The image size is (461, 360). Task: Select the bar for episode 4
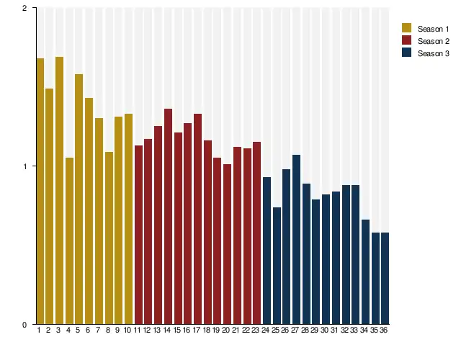coord(69,240)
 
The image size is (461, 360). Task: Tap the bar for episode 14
coord(168,216)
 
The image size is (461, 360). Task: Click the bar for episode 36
coord(385,278)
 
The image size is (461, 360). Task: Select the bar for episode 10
coord(128,219)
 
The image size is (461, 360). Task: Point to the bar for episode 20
coord(227,244)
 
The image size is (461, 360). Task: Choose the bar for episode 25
coord(277,266)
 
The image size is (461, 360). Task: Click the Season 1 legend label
coord(433,29)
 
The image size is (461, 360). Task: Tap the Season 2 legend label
coord(433,41)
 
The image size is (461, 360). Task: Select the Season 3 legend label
coord(433,53)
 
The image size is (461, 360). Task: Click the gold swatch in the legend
coord(406,28)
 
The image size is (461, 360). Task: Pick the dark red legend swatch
coord(406,40)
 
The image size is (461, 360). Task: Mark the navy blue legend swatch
coord(406,53)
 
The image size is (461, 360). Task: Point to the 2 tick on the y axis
coord(24,8)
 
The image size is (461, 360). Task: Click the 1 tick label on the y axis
coord(24,166)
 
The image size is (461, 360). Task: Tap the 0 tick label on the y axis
coord(24,325)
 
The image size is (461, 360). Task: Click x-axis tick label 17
coord(197,330)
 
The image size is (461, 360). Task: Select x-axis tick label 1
coord(39,330)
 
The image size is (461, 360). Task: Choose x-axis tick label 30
coord(326,330)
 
